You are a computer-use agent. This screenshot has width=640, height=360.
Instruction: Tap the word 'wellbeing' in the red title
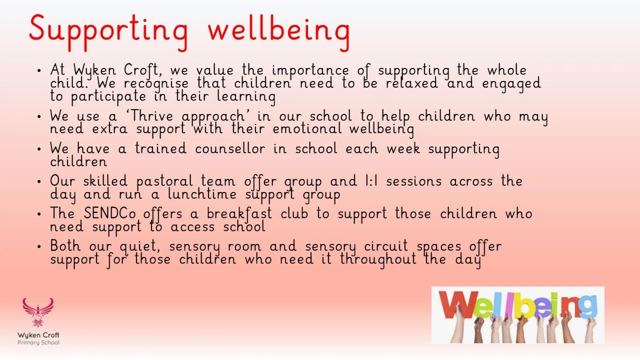[278, 29]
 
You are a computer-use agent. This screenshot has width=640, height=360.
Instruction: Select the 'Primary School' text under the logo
[38, 342]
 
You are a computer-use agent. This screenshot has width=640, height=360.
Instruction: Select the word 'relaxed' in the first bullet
[414, 83]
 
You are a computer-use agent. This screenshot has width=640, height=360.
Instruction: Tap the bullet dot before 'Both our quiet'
[39, 246]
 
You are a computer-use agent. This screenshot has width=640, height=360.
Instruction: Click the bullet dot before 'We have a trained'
[39, 149]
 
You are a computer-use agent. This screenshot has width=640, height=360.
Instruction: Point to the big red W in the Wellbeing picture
[455, 304]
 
